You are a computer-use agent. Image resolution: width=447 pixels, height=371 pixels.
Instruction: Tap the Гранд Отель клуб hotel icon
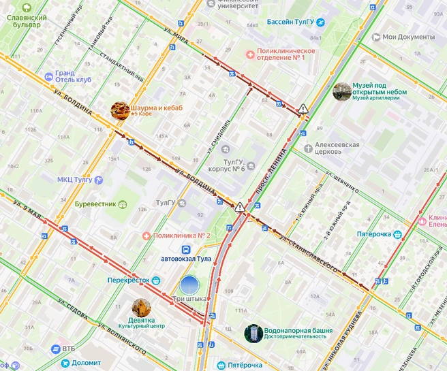[x=48, y=76]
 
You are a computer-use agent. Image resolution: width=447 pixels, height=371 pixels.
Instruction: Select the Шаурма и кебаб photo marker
[x=121, y=110]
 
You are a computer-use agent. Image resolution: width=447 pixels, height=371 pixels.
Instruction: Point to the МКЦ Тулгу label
[x=74, y=180]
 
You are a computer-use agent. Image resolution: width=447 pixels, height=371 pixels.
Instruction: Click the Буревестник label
[x=95, y=203]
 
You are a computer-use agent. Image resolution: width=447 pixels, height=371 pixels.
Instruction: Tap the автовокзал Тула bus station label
[x=186, y=259]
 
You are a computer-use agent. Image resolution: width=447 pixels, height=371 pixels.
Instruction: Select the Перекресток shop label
[x=128, y=280]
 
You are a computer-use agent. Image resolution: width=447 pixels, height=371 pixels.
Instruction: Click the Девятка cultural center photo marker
[x=141, y=306]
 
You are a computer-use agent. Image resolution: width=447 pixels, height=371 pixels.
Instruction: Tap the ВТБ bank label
[x=68, y=349]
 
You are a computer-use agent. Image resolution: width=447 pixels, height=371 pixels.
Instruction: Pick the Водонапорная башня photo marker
[x=253, y=333]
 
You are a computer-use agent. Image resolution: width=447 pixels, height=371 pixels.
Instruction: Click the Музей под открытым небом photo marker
[x=341, y=91]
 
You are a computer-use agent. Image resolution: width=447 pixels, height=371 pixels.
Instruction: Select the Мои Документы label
[x=407, y=37]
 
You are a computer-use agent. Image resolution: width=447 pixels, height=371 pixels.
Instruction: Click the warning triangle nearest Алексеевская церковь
[x=303, y=108]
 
